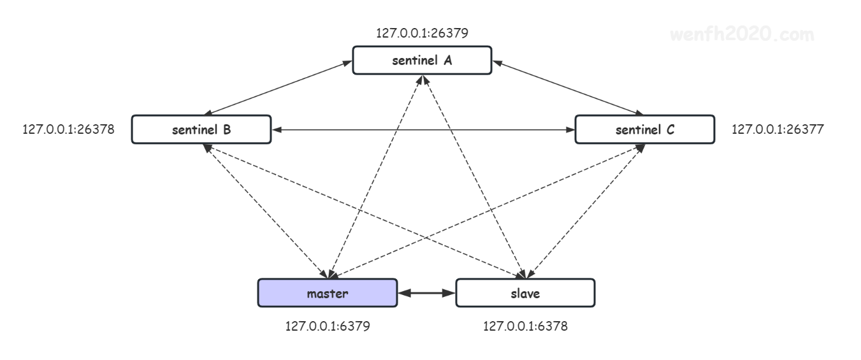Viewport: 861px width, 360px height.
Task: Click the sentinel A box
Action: [422, 61]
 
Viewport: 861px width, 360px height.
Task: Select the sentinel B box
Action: [201, 129]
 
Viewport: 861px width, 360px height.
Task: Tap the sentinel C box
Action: [645, 129]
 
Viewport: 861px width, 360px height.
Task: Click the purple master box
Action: [328, 293]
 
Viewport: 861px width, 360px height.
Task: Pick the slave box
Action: [525, 293]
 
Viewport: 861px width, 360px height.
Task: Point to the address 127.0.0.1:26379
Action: [422, 33]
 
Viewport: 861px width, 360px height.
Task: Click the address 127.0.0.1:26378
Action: [68, 129]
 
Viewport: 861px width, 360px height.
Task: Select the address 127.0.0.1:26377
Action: [778, 129]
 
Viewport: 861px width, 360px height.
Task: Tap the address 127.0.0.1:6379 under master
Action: [328, 326]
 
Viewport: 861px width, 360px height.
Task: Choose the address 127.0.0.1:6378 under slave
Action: [525, 326]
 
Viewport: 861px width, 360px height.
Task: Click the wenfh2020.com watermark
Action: [742, 34]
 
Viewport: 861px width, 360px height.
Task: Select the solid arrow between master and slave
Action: [426, 293]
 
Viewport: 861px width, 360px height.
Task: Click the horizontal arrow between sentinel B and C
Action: [423, 130]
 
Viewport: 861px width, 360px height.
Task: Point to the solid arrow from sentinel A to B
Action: [278, 88]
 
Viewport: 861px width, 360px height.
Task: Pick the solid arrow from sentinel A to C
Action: [568, 88]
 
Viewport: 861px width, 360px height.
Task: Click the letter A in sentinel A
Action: [447, 61]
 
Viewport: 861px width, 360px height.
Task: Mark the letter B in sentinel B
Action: [227, 129]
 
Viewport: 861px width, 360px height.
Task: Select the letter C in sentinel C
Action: [670, 129]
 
